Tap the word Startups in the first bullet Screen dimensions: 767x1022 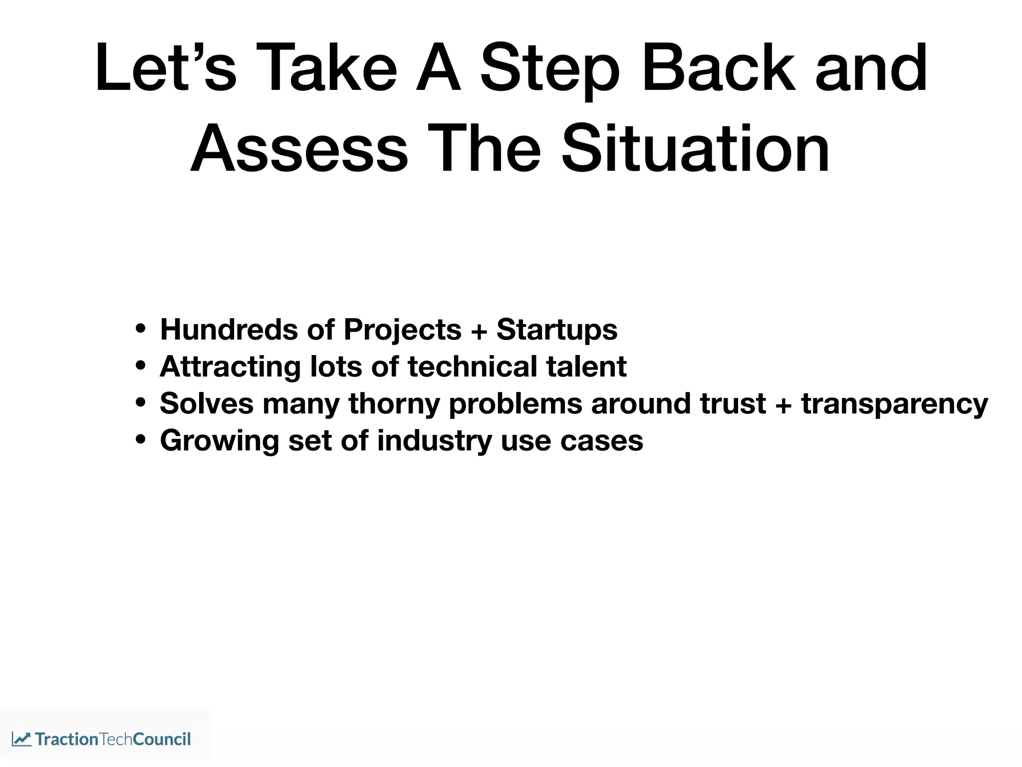[557, 330]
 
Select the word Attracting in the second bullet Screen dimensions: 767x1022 [230, 367]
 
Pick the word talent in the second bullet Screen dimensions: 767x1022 [586, 367]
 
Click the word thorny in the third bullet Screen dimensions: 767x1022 [394, 404]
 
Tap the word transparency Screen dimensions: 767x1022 [894, 404]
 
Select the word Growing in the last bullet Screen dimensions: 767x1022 [219, 441]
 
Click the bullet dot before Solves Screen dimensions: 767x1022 [141, 402]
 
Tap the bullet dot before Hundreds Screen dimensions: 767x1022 [141, 329]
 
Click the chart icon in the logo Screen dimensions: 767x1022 [21, 739]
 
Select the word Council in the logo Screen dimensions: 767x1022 [162, 739]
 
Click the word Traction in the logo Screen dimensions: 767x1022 [66, 739]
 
